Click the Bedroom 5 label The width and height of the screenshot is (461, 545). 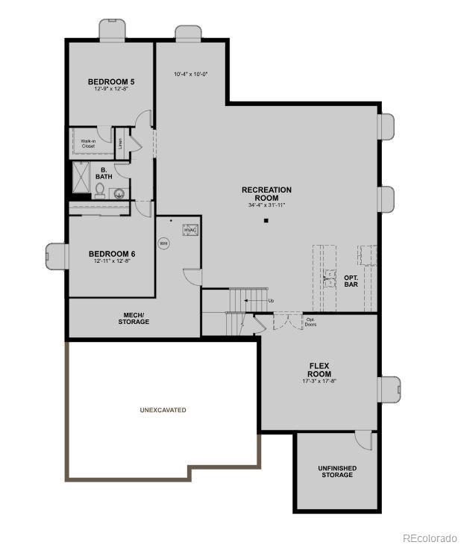111,81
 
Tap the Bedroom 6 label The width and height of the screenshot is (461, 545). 111,253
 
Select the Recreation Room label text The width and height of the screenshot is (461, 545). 266,193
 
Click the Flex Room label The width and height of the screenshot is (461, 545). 319,370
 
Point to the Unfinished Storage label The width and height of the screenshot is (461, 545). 337,472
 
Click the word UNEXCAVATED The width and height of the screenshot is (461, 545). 163,410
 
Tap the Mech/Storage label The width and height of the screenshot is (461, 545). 134,318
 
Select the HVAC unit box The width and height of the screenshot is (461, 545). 190,231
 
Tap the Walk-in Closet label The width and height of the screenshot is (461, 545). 88,143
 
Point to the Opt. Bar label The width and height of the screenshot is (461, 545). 351,281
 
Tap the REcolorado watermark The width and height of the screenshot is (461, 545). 430,537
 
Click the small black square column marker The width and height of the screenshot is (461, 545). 266,221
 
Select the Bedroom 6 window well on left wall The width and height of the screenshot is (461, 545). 56,256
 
